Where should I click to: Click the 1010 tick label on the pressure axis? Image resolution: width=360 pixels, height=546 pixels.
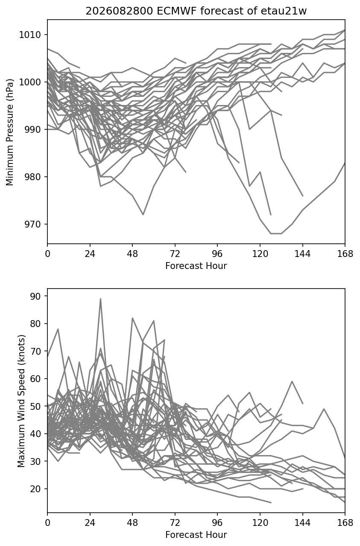[x=30, y=35]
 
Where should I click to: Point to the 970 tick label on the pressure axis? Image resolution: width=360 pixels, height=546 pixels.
[x=32, y=224]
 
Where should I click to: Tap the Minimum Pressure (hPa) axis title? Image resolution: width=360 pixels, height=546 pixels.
[x=10, y=132]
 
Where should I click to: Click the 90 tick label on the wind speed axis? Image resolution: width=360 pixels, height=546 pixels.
[x=35, y=296]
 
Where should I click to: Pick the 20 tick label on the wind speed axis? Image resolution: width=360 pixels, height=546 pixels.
[x=35, y=489]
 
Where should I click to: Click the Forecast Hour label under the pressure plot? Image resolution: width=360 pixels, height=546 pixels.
[x=196, y=266]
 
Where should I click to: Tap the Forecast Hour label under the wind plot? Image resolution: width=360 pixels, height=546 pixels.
[x=196, y=535]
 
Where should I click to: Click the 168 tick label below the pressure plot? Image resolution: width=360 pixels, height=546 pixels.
[x=345, y=254]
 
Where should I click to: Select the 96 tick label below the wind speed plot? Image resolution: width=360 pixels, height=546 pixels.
[x=217, y=523]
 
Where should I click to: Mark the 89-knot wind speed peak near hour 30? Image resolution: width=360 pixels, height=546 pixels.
[x=100, y=298]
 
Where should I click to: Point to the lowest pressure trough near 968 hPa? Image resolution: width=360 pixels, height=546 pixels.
[x=276, y=234]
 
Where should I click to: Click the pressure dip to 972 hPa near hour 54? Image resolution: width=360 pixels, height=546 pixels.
[x=143, y=215]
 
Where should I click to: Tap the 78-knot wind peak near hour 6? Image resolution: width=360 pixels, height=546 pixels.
[x=58, y=329]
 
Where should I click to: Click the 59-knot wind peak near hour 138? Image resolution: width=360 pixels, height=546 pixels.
[x=292, y=381]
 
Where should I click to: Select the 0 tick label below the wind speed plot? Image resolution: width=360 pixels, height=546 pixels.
[x=47, y=523]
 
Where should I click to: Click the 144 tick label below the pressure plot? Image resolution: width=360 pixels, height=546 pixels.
[x=303, y=254]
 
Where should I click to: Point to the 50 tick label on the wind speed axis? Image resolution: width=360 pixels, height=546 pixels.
[x=35, y=406]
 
